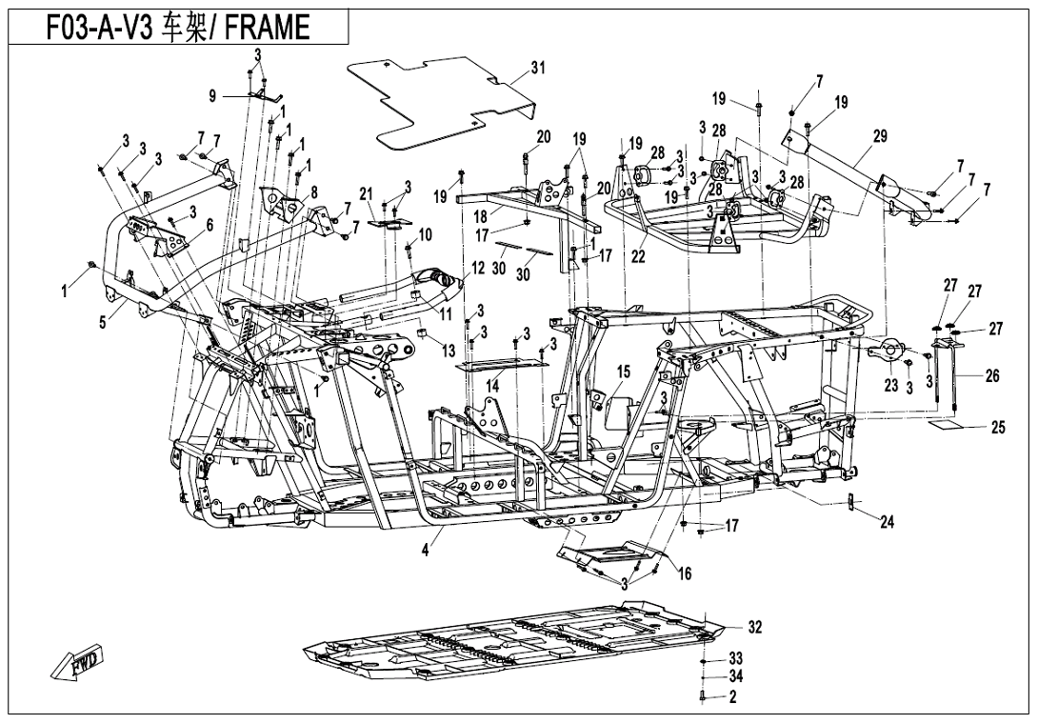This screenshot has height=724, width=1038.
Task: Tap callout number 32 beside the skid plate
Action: [x=754, y=627]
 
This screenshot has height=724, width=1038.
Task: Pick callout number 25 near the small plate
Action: [x=997, y=428]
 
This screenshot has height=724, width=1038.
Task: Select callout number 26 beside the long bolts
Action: [x=991, y=376]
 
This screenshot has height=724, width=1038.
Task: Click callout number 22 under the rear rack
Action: [x=637, y=257]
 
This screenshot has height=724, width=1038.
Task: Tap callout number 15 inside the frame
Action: [x=624, y=371]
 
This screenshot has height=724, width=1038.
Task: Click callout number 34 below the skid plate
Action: [x=735, y=676]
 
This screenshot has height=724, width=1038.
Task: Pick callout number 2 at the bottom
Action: [x=732, y=696]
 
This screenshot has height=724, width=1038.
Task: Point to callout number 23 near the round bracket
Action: [x=892, y=387]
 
